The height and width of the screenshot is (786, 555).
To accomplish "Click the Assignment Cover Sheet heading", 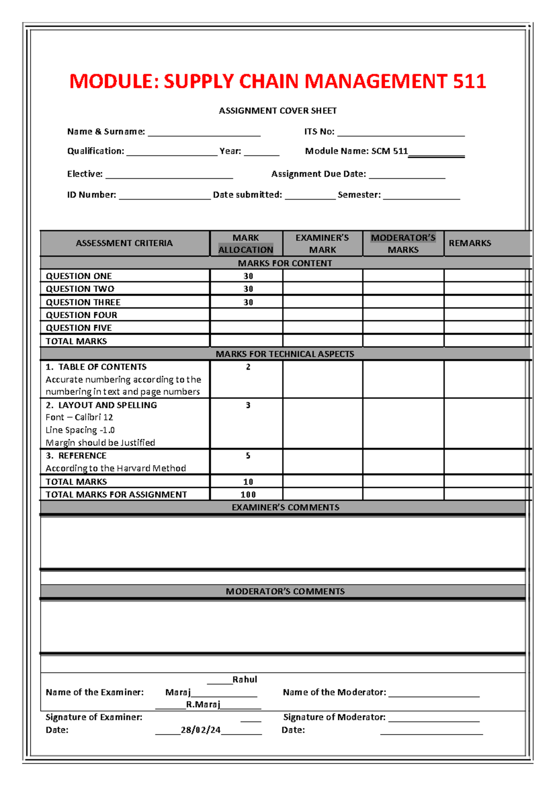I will (277, 111).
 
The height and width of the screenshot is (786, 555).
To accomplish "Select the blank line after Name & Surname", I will (204, 133).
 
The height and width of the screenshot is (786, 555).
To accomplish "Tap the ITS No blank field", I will (401, 133).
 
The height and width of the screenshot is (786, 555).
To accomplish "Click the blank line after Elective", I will (169, 175).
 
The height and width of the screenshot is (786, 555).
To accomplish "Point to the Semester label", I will (359, 195).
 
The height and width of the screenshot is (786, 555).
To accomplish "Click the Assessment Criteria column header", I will (124, 243).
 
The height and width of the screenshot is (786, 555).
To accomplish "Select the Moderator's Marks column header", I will (403, 243).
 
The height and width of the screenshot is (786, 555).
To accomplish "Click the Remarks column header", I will (469, 243).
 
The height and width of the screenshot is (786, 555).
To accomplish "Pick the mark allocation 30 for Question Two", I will (248, 289).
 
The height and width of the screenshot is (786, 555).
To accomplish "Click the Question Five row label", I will (79, 328).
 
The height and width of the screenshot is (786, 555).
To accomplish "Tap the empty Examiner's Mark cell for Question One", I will (322, 276).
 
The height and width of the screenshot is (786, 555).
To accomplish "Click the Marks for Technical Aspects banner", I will (285, 354).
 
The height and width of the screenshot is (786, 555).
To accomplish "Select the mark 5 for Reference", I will (248, 456).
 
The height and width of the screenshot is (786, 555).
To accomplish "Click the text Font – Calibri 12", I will (79, 417).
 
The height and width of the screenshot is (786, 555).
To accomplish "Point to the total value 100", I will (248, 494).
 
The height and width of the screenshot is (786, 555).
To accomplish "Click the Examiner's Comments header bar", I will (285, 507).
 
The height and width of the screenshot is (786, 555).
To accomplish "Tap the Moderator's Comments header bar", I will (285, 592).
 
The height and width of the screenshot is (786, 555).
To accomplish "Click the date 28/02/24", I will (200, 730).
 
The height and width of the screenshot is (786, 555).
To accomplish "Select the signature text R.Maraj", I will (203, 705).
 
